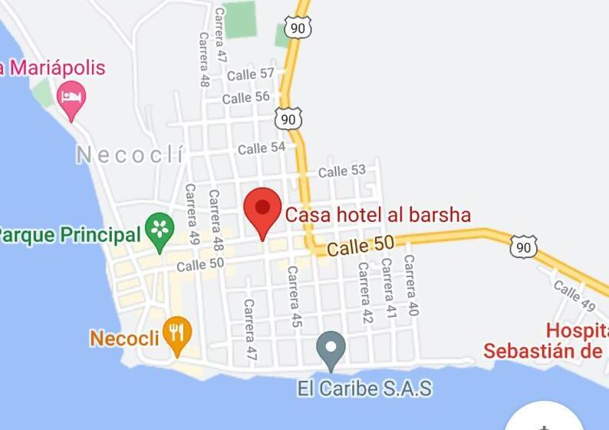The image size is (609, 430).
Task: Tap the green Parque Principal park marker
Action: [160, 230]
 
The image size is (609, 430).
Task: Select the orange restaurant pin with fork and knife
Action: [177, 334]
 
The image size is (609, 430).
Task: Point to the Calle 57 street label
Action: [251, 74]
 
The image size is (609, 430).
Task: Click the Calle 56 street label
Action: [246, 98]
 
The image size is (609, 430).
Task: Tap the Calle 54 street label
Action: [262, 148]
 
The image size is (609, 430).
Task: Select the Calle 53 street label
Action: [342, 171]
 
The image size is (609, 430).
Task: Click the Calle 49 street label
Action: [574, 295]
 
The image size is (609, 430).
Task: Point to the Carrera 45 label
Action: [294, 296]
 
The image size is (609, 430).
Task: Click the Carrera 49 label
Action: [192, 214]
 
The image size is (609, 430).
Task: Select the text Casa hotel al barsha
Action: [378, 215]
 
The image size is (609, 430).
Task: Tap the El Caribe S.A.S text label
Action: [364, 389]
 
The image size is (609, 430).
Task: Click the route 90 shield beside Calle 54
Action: [288, 119]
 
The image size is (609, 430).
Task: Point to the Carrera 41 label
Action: [388, 288]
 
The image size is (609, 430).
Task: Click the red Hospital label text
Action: [576, 331]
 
